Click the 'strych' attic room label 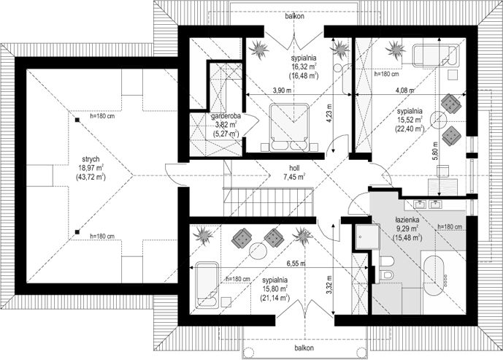click(91, 159)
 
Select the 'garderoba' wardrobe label click(226, 116)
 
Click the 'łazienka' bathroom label click(407, 221)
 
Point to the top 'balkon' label click(294, 16)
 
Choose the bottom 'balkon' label click(304, 348)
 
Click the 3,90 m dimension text click(282, 91)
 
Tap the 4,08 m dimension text click(404, 91)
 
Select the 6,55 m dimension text click(296, 264)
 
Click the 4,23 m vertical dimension click(329, 111)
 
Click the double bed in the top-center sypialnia click(290, 127)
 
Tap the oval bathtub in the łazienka click(434, 275)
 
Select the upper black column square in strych click(77, 120)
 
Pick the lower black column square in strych click(77, 231)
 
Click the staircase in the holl click(268, 202)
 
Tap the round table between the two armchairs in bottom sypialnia click(259, 251)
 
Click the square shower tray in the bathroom click(368, 237)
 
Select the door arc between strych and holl click(176, 175)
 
